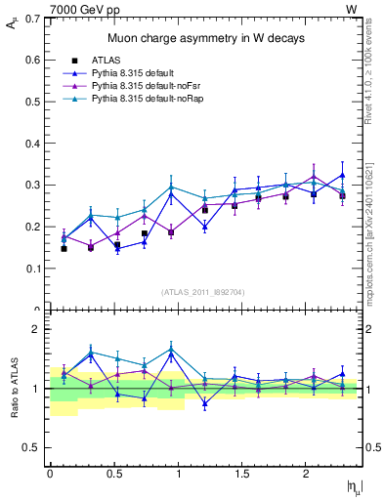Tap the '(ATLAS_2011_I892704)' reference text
[202, 291]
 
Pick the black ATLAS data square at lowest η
[64, 249]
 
